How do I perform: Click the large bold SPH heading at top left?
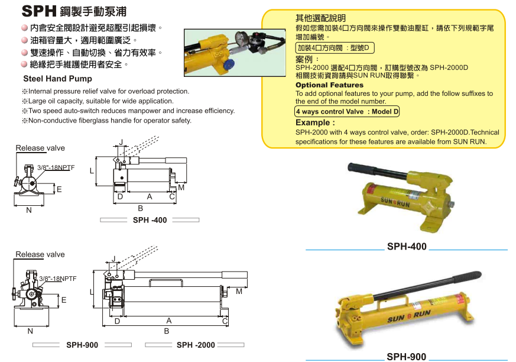point(39,11)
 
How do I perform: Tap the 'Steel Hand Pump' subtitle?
point(57,79)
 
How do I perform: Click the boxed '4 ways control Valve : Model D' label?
point(347,112)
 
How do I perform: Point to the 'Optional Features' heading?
point(329,85)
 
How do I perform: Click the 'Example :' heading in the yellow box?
point(315,123)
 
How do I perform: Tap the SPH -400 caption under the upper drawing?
point(150,220)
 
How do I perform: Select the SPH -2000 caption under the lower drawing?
point(196,345)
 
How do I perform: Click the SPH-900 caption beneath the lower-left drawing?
point(82,345)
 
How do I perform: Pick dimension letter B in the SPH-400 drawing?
point(141,208)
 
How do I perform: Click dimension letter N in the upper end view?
point(29,210)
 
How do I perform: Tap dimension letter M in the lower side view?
point(239,292)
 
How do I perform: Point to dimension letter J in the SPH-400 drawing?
point(121,143)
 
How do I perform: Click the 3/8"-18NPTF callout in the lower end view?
point(58,279)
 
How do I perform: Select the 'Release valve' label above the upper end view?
point(40,148)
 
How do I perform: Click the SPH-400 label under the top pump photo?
point(407,247)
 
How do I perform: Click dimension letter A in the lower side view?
point(169,321)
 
